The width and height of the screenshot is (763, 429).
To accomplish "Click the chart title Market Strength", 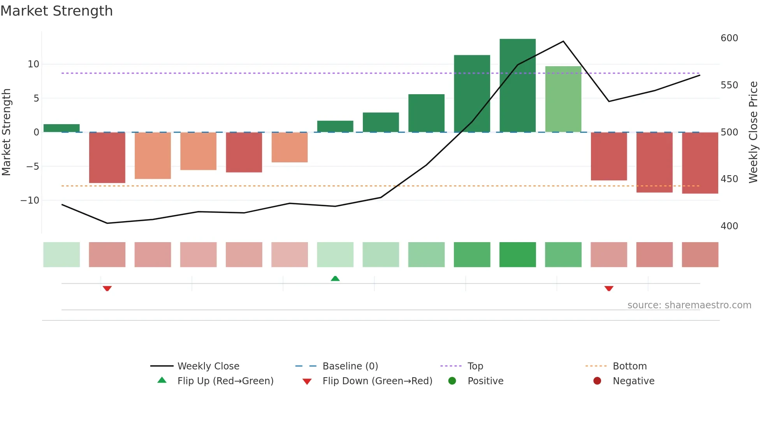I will click(x=56, y=11).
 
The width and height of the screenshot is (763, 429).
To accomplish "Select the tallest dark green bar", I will click(x=517, y=86).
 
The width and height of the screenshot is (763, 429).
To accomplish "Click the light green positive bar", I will click(x=563, y=99).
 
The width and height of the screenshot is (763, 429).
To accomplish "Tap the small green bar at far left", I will click(x=62, y=128).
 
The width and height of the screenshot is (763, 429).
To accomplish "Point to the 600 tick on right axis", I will click(x=729, y=38).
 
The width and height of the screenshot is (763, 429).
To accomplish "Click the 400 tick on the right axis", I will click(x=729, y=226).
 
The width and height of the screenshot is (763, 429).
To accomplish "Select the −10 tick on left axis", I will click(x=30, y=200).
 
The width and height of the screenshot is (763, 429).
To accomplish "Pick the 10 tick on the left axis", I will click(x=33, y=64).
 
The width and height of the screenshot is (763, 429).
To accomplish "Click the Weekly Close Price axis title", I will click(x=753, y=132).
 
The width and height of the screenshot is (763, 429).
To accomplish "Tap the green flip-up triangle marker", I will click(x=335, y=278).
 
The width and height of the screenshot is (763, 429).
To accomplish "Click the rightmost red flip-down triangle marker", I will click(x=609, y=288).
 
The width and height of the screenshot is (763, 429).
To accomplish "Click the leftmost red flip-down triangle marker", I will click(x=107, y=288).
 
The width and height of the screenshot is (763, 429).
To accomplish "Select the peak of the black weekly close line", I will click(x=563, y=41).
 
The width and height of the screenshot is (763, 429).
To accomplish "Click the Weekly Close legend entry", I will click(x=208, y=366).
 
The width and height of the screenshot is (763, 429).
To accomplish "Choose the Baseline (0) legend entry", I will click(x=350, y=366).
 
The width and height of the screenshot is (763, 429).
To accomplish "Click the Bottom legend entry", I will click(x=629, y=366).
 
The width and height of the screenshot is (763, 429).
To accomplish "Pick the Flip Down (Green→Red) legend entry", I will click(x=377, y=381).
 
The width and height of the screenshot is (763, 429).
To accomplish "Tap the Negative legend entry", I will click(x=633, y=381).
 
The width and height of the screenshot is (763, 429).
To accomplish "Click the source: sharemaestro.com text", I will click(x=689, y=305).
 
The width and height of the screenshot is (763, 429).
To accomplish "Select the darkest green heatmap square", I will click(x=517, y=255).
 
